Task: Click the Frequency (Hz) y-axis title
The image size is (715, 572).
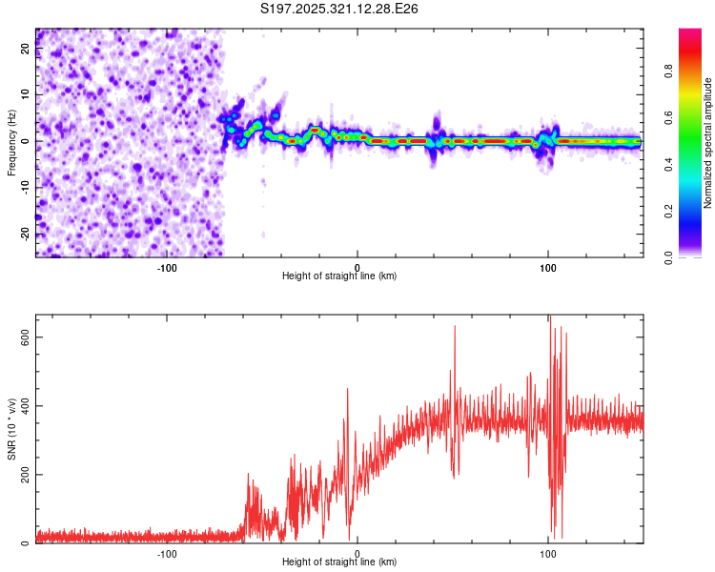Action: tap(11, 142)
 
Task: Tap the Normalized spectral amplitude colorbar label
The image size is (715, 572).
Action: tap(708, 144)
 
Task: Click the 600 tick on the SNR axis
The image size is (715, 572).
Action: tap(26, 337)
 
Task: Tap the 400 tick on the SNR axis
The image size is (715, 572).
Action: tap(26, 406)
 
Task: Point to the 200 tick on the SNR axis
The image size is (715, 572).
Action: tap(26, 475)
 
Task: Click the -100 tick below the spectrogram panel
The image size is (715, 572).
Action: tap(168, 267)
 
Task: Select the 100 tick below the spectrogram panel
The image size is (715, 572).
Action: tap(548, 267)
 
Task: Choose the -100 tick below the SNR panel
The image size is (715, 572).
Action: tap(168, 553)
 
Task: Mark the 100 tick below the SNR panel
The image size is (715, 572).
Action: tap(548, 553)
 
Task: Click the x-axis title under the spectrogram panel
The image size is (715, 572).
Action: tap(339, 276)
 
